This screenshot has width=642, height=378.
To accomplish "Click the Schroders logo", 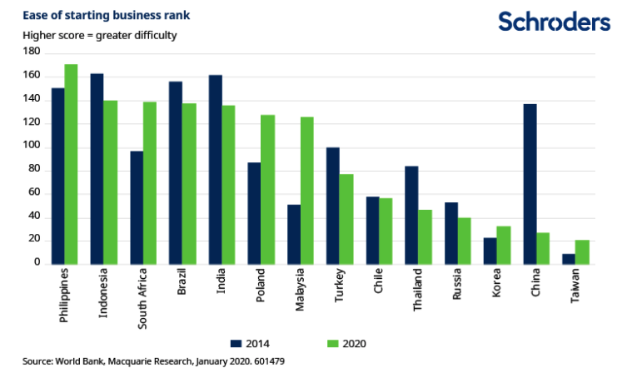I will (554, 22).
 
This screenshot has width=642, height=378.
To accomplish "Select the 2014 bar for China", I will (530, 184).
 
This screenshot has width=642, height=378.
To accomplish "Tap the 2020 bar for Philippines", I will (71, 163).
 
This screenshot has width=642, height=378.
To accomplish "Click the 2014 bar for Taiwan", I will (569, 259).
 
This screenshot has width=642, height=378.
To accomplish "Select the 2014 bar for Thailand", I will (411, 215).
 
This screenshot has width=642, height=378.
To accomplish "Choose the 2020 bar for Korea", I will (503, 245).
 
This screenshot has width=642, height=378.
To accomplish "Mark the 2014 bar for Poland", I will (255, 213).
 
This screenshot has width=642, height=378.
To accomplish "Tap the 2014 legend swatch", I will (237, 342).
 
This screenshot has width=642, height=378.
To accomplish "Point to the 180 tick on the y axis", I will (32, 52).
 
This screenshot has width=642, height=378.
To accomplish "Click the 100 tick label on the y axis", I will (32, 147).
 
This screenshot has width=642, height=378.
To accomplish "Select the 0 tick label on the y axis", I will (37, 263).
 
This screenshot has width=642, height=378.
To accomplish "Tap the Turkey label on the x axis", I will (339, 288).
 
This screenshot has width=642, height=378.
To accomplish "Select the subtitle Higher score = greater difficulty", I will (99, 36).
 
